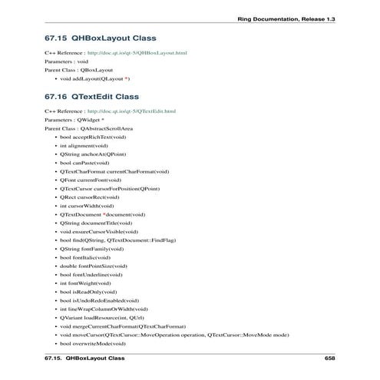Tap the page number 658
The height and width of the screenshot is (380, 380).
tap(330, 359)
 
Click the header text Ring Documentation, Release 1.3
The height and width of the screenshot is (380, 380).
tap(287, 17)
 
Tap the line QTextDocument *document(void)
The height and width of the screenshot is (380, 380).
tap(102, 214)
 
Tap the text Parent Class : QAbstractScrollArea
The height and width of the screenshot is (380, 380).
tap(88, 128)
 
